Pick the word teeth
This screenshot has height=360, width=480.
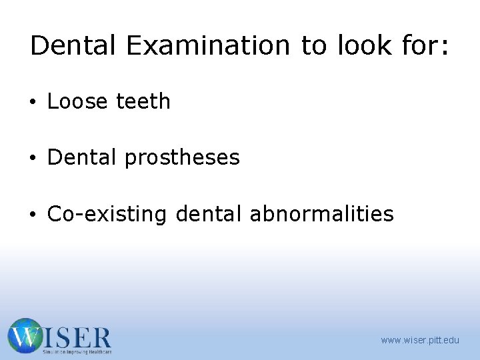point(143,101)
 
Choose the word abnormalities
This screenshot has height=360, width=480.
point(321,214)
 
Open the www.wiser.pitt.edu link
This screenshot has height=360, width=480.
point(420,341)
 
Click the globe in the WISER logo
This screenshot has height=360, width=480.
point(25,336)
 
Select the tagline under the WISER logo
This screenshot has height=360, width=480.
point(77,351)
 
